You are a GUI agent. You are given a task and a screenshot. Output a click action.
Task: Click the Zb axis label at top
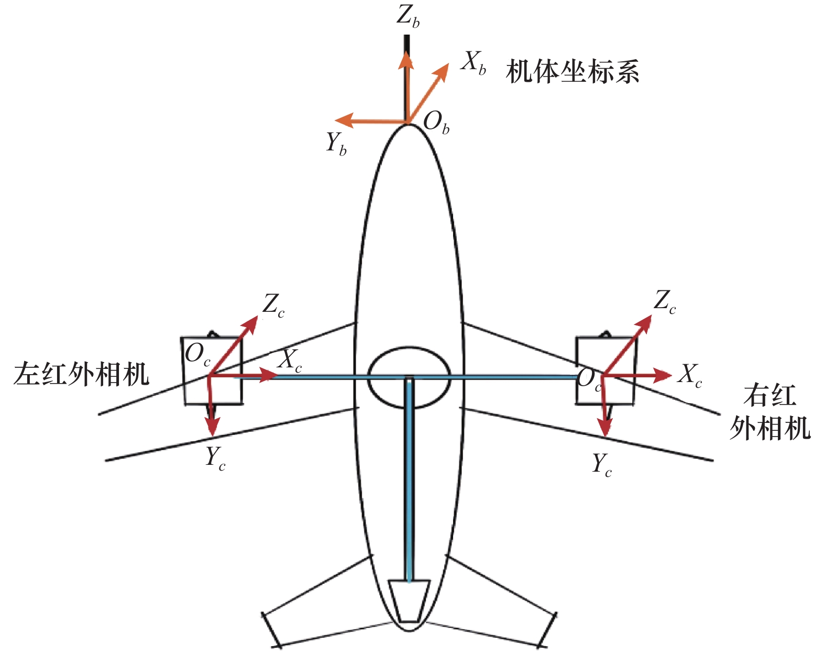point(408,17)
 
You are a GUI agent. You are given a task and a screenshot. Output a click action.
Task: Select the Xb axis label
point(474,63)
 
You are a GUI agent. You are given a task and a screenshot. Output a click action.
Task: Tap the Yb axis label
point(336,143)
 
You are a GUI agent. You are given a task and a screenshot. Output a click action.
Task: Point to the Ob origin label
point(436,123)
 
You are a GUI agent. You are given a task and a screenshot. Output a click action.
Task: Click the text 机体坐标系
point(572,71)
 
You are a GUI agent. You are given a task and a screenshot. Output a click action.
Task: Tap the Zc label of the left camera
point(273,305)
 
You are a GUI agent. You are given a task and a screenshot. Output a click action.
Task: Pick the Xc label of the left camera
point(290,361)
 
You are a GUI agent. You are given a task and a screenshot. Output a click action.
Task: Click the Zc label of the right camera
point(665,302)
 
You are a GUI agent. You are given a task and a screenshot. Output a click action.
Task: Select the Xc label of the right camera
point(690,376)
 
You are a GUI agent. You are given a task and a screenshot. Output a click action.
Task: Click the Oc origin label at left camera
point(197,355)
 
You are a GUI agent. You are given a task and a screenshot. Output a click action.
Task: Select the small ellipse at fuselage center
point(409,377)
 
